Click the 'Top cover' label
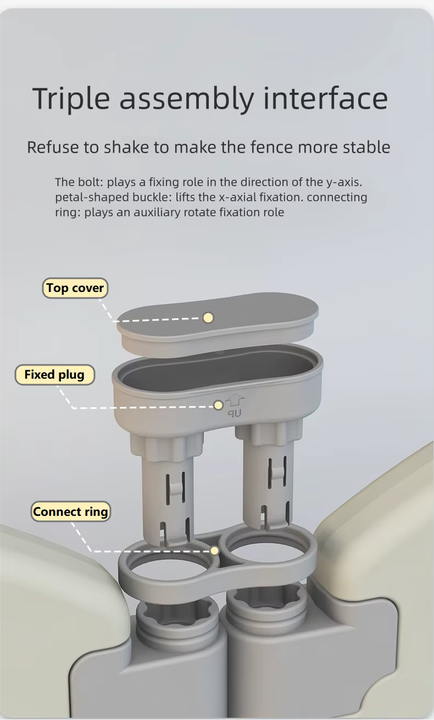click(75, 288)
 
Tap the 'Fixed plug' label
click(55, 374)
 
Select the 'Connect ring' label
click(70, 511)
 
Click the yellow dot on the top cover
click(208, 318)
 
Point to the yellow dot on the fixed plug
click(218, 405)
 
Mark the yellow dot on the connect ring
click(214, 550)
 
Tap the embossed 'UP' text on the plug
click(235, 413)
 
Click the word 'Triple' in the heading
click(71, 99)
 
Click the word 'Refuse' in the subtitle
click(53, 148)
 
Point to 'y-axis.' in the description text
click(344, 182)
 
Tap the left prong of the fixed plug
click(168, 488)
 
